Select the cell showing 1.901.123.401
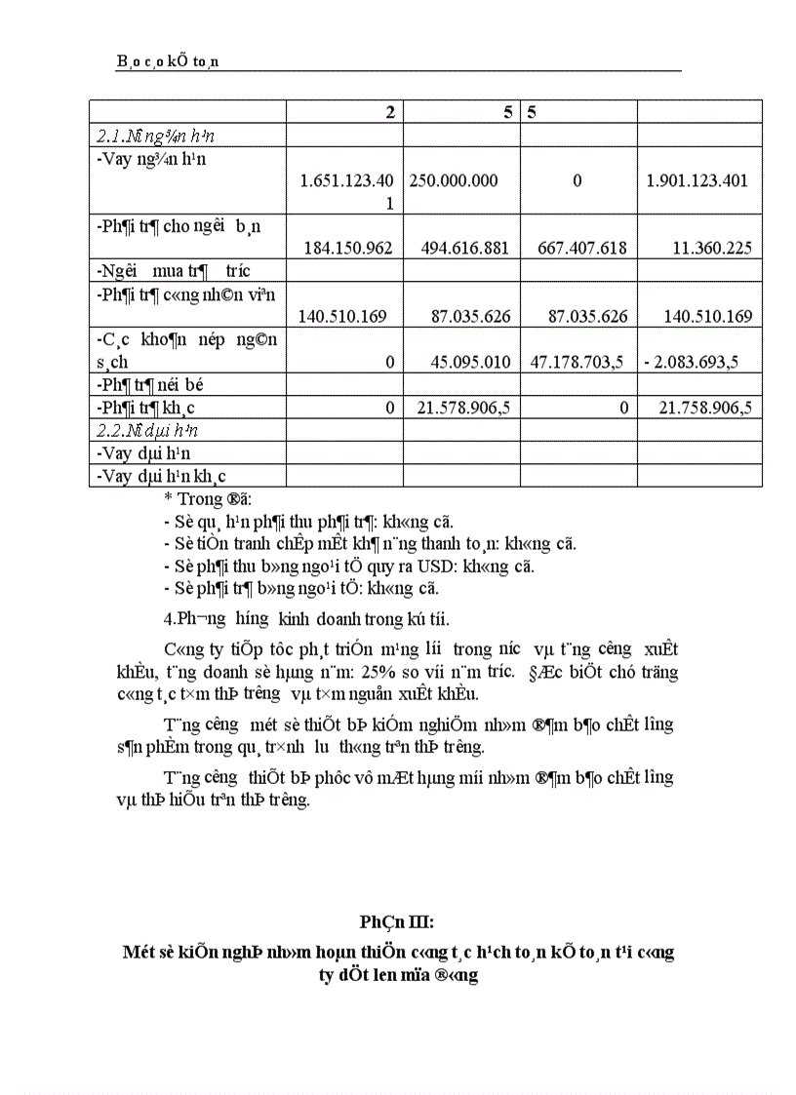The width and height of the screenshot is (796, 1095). point(698,180)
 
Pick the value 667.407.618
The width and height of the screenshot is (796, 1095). point(581,249)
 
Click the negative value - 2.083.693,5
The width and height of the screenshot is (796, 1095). point(690,362)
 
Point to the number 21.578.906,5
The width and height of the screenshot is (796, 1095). point(464,409)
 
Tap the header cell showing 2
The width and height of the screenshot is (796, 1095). point(390,112)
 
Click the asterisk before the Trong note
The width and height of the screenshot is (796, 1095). point(168,499)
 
